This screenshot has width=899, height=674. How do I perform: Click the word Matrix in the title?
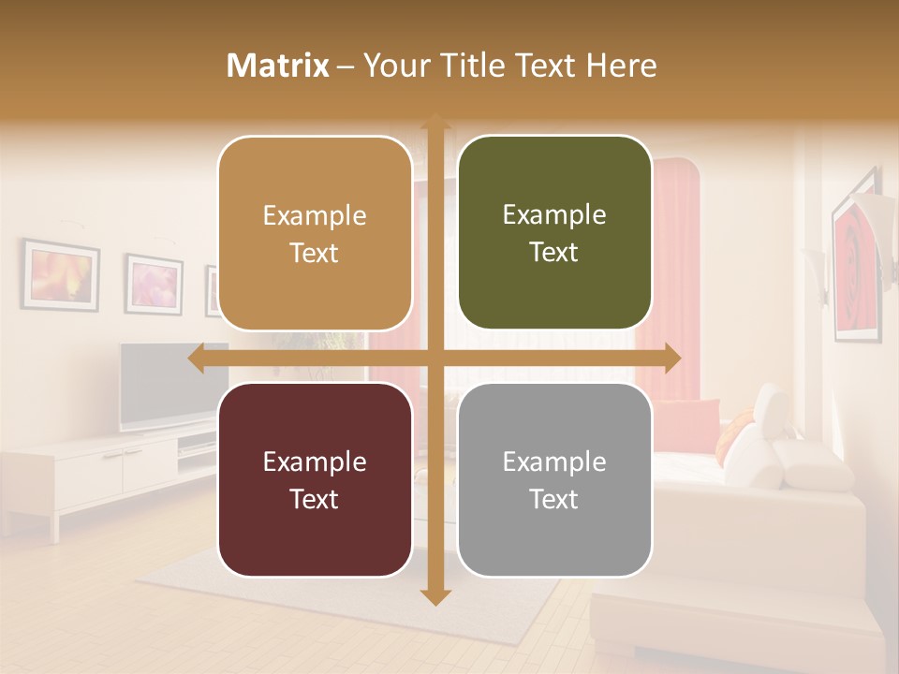[278, 66]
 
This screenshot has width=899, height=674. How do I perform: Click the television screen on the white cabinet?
[159, 384]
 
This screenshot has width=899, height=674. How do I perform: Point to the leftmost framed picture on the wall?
[61, 274]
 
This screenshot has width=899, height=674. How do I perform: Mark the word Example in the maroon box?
[315, 462]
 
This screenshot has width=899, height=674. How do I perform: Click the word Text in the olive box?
[554, 253]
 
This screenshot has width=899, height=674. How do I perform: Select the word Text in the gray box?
[554, 499]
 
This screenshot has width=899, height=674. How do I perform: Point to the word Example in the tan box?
[315, 215]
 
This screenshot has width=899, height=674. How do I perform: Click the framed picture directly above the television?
[153, 284]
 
